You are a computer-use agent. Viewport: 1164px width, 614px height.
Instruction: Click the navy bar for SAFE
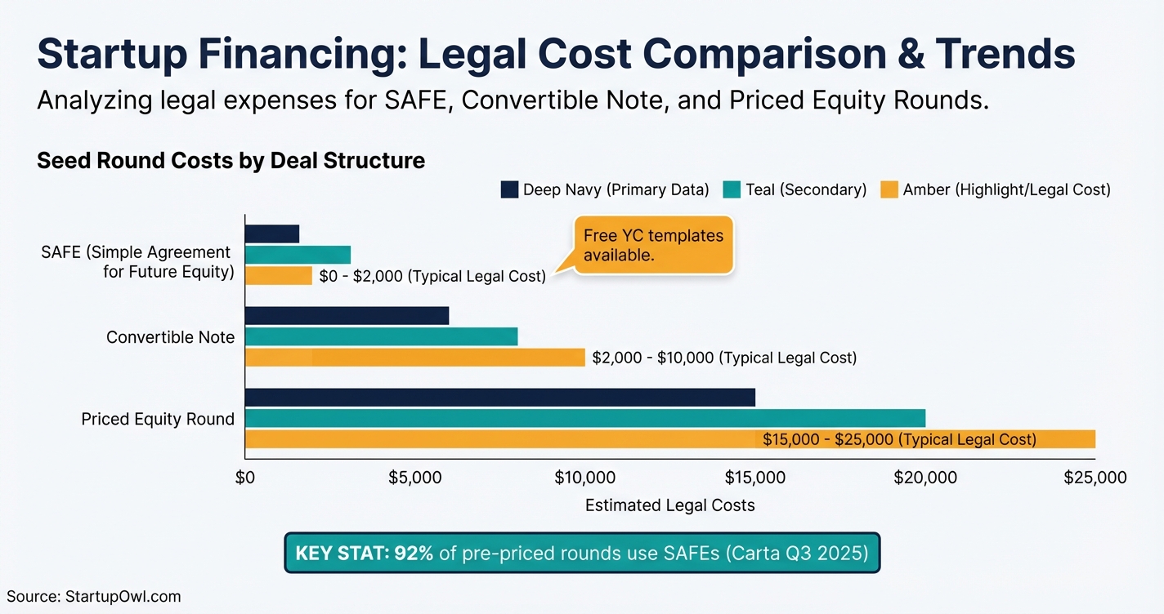(x=272, y=234)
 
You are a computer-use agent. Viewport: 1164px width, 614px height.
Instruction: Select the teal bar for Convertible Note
(x=381, y=336)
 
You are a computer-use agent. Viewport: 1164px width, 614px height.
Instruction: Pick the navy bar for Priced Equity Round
(x=499, y=398)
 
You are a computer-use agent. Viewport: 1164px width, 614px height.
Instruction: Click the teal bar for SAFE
(x=298, y=255)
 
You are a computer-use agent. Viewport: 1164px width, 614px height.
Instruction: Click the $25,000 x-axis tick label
(x=1095, y=478)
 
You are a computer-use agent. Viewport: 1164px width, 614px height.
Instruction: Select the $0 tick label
(x=244, y=478)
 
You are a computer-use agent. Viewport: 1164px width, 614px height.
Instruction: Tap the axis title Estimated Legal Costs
(x=669, y=505)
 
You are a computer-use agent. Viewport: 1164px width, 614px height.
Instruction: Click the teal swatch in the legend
(x=732, y=190)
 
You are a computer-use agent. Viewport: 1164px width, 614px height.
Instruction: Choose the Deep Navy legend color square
(x=509, y=190)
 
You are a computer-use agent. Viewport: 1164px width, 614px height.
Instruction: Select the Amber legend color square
(x=889, y=190)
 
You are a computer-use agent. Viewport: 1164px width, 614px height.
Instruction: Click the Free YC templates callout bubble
(x=653, y=246)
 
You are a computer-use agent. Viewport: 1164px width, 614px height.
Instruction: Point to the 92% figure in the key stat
(x=414, y=553)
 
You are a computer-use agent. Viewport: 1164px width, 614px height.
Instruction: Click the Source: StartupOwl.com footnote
(x=93, y=597)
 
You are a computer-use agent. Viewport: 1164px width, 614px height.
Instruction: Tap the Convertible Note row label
(x=170, y=337)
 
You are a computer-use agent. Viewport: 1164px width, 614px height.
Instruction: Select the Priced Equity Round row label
(x=158, y=419)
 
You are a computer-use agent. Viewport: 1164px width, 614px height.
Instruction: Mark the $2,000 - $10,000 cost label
(x=724, y=358)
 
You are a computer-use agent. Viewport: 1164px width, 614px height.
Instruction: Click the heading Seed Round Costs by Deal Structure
(x=231, y=160)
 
